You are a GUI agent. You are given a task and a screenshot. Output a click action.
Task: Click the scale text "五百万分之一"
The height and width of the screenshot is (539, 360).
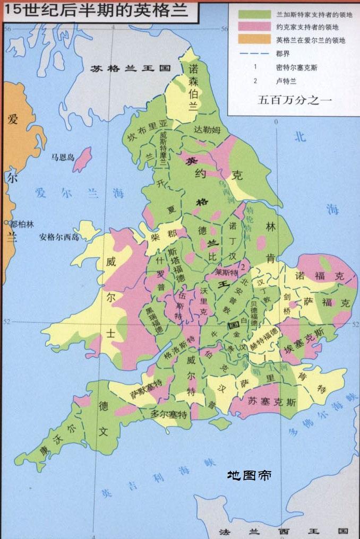pyautogui.click(x=289, y=99)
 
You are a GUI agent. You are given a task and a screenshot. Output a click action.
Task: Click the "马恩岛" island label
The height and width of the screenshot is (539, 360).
pyautogui.click(x=62, y=157)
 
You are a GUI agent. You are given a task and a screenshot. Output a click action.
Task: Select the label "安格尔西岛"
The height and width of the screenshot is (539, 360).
pyautogui.click(x=58, y=237)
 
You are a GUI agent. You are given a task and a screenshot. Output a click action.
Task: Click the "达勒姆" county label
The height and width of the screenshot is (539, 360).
pyautogui.click(x=205, y=130)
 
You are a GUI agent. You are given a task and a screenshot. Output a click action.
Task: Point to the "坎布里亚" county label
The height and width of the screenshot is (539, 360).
pyautogui.click(x=147, y=131)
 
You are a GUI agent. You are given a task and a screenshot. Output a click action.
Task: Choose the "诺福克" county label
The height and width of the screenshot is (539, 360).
pyautogui.click(x=319, y=276)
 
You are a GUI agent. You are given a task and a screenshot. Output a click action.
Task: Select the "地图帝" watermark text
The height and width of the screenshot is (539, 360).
pyautogui.click(x=250, y=475)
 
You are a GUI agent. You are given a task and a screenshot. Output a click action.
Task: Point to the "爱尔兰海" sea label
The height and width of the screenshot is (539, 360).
pyautogui.click(x=80, y=192)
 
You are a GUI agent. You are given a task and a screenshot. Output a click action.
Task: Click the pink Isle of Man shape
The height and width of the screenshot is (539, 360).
pyautogui.click(x=82, y=159)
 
